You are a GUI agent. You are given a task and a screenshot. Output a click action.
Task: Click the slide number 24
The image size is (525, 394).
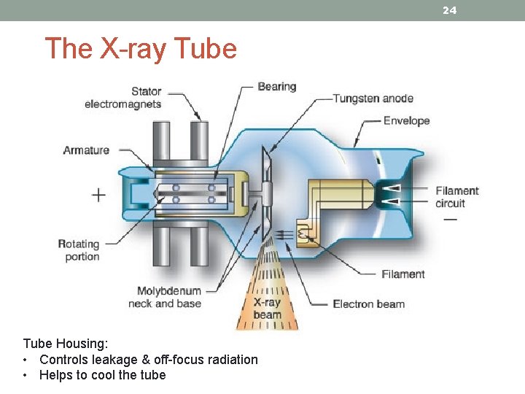pyautogui.click(x=450, y=10)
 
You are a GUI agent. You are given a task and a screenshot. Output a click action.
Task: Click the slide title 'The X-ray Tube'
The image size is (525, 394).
pyautogui.click(x=141, y=49)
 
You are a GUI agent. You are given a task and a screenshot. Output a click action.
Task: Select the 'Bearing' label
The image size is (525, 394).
pyautogui.click(x=277, y=86)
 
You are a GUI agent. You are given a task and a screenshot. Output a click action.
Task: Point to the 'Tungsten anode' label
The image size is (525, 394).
pyautogui.click(x=373, y=98)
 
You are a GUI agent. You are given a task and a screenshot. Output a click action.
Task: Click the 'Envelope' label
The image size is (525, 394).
pyautogui.click(x=406, y=120)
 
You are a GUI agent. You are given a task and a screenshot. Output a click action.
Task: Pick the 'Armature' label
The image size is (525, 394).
pyautogui.click(x=86, y=150)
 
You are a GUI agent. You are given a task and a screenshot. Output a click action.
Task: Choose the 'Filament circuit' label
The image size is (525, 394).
pyautogui.click(x=457, y=197)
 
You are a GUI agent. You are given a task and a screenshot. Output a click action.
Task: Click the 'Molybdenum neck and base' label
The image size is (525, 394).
pyautogui.click(x=165, y=298)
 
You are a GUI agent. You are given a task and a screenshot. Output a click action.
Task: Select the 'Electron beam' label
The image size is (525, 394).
pyautogui.click(x=368, y=304)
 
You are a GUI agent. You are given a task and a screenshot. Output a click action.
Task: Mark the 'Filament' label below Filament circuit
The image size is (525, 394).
pyautogui.click(x=402, y=274)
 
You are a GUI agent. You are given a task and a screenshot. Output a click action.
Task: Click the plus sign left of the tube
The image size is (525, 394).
pyautogui.click(x=98, y=195)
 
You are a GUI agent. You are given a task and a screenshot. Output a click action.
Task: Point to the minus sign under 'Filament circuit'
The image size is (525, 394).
pyautogui.click(x=450, y=219)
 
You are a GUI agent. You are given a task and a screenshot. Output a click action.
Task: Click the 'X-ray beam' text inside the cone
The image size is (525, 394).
pyautogui.click(x=267, y=309)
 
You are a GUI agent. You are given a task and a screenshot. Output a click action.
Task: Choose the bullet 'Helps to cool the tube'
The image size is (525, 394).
pyautogui.click(x=102, y=375)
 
